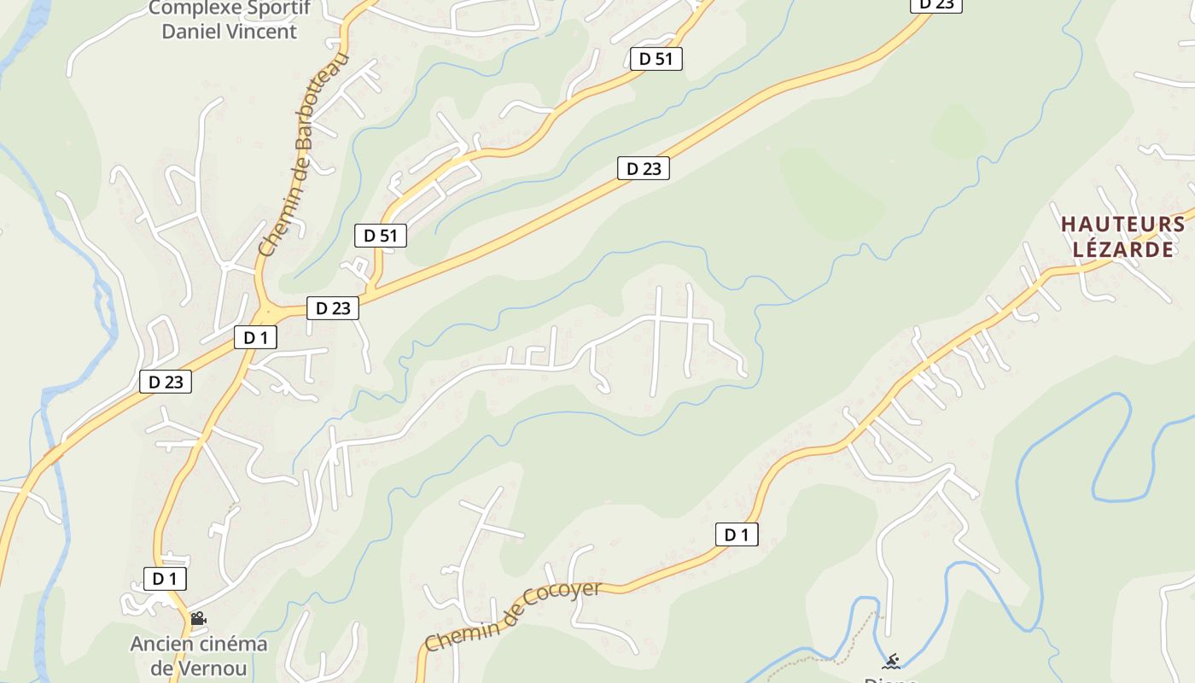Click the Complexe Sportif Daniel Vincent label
coord(229,20)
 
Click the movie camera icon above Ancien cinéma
coord(198,618)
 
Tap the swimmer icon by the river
coord(891,661)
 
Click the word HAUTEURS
coord(1122,225)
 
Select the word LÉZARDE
coord(1122,249)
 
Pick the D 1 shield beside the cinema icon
coord(165,579)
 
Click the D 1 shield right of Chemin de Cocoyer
coord(736,535)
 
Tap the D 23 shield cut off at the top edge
coord(936,4)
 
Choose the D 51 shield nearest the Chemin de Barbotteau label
coord(380,236)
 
